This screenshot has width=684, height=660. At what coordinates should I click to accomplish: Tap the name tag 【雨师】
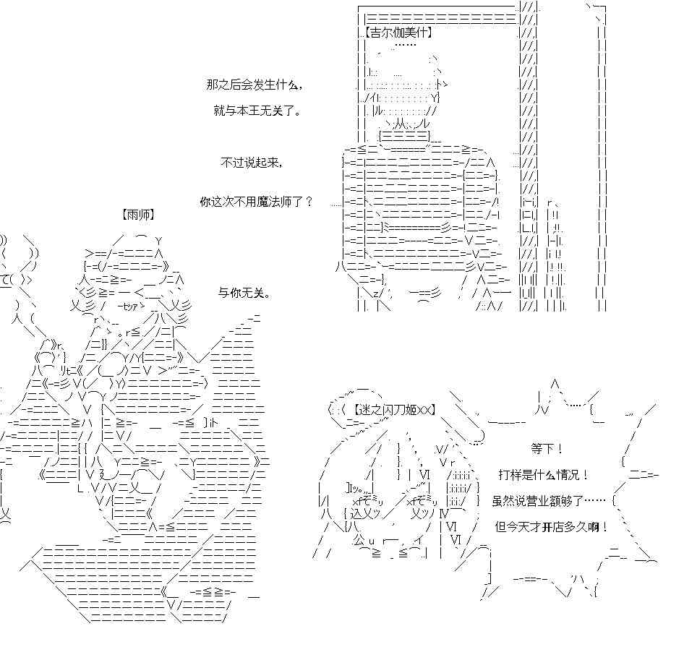[138, 215]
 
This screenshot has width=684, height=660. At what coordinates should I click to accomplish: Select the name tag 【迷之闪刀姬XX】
[394, 410]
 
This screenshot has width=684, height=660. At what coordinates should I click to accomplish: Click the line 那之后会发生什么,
[255, 85]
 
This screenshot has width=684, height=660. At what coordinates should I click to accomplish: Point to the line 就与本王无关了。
[257, 111]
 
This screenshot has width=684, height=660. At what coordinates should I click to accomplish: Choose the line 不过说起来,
[252, 163]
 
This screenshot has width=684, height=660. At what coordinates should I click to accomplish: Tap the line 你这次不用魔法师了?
[257, 202]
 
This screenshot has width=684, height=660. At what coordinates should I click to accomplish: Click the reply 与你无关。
[244, 293]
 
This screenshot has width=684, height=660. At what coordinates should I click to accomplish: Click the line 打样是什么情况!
[544, 475]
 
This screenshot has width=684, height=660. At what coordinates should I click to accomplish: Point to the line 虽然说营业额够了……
[549, 501]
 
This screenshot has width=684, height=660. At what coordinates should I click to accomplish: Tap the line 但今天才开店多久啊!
[552, 527]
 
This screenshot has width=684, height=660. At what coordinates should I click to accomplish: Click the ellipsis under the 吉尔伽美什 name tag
[405, 45]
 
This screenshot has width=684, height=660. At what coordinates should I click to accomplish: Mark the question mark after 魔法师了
[309, 202]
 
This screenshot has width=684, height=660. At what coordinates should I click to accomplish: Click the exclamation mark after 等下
[559, 448]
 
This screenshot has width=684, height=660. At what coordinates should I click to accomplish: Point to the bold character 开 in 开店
[547, 527]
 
